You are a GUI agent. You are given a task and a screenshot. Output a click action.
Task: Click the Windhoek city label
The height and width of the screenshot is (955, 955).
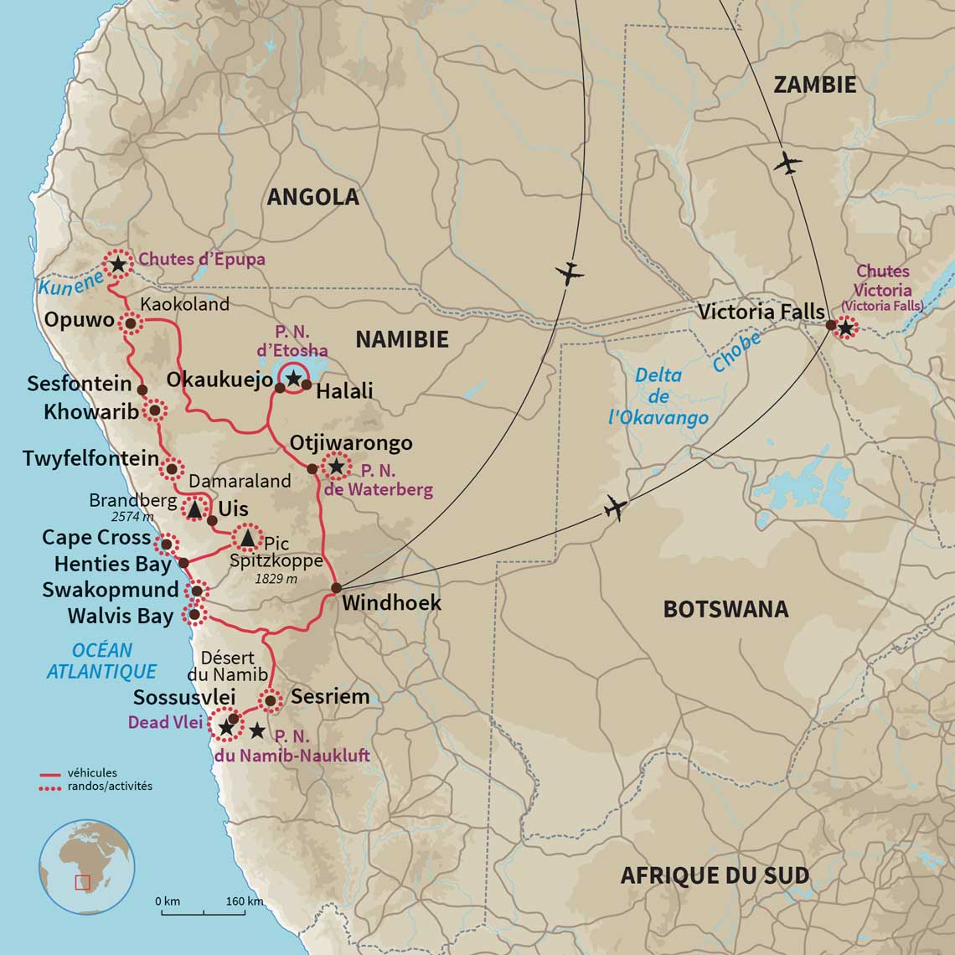point(391,603)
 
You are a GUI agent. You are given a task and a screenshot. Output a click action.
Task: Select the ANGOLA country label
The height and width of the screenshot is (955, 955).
point(312,197)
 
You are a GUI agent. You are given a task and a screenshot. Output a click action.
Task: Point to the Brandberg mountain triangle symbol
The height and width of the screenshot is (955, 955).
point(194,508)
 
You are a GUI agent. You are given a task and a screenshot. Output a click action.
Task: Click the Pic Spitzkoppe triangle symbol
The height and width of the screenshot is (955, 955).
point(247,537)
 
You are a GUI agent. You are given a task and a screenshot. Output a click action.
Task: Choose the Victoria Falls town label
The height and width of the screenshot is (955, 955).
point(761,312)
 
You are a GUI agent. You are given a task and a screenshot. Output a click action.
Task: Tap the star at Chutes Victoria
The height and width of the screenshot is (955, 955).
point(845,328)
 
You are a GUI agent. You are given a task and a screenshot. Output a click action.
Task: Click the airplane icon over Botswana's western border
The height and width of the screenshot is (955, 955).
point(615,507)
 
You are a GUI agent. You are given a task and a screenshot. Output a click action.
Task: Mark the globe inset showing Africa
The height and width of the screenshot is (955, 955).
point(87,866)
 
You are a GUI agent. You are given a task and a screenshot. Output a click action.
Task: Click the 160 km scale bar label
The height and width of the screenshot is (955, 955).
point(244,901)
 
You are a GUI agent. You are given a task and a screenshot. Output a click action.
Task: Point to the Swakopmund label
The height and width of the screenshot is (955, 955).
point(111,590)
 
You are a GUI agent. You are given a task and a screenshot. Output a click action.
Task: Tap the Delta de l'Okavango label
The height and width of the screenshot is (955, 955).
point(658,396)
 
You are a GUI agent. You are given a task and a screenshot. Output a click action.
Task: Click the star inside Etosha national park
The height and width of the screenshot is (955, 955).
point(293,379)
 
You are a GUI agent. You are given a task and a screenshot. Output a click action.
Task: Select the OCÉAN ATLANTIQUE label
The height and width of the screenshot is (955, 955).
point(101,661)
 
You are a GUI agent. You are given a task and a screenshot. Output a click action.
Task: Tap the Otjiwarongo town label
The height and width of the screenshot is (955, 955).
point(351,442)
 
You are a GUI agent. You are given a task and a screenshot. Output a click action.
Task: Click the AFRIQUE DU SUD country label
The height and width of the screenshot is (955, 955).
point(715,876)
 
